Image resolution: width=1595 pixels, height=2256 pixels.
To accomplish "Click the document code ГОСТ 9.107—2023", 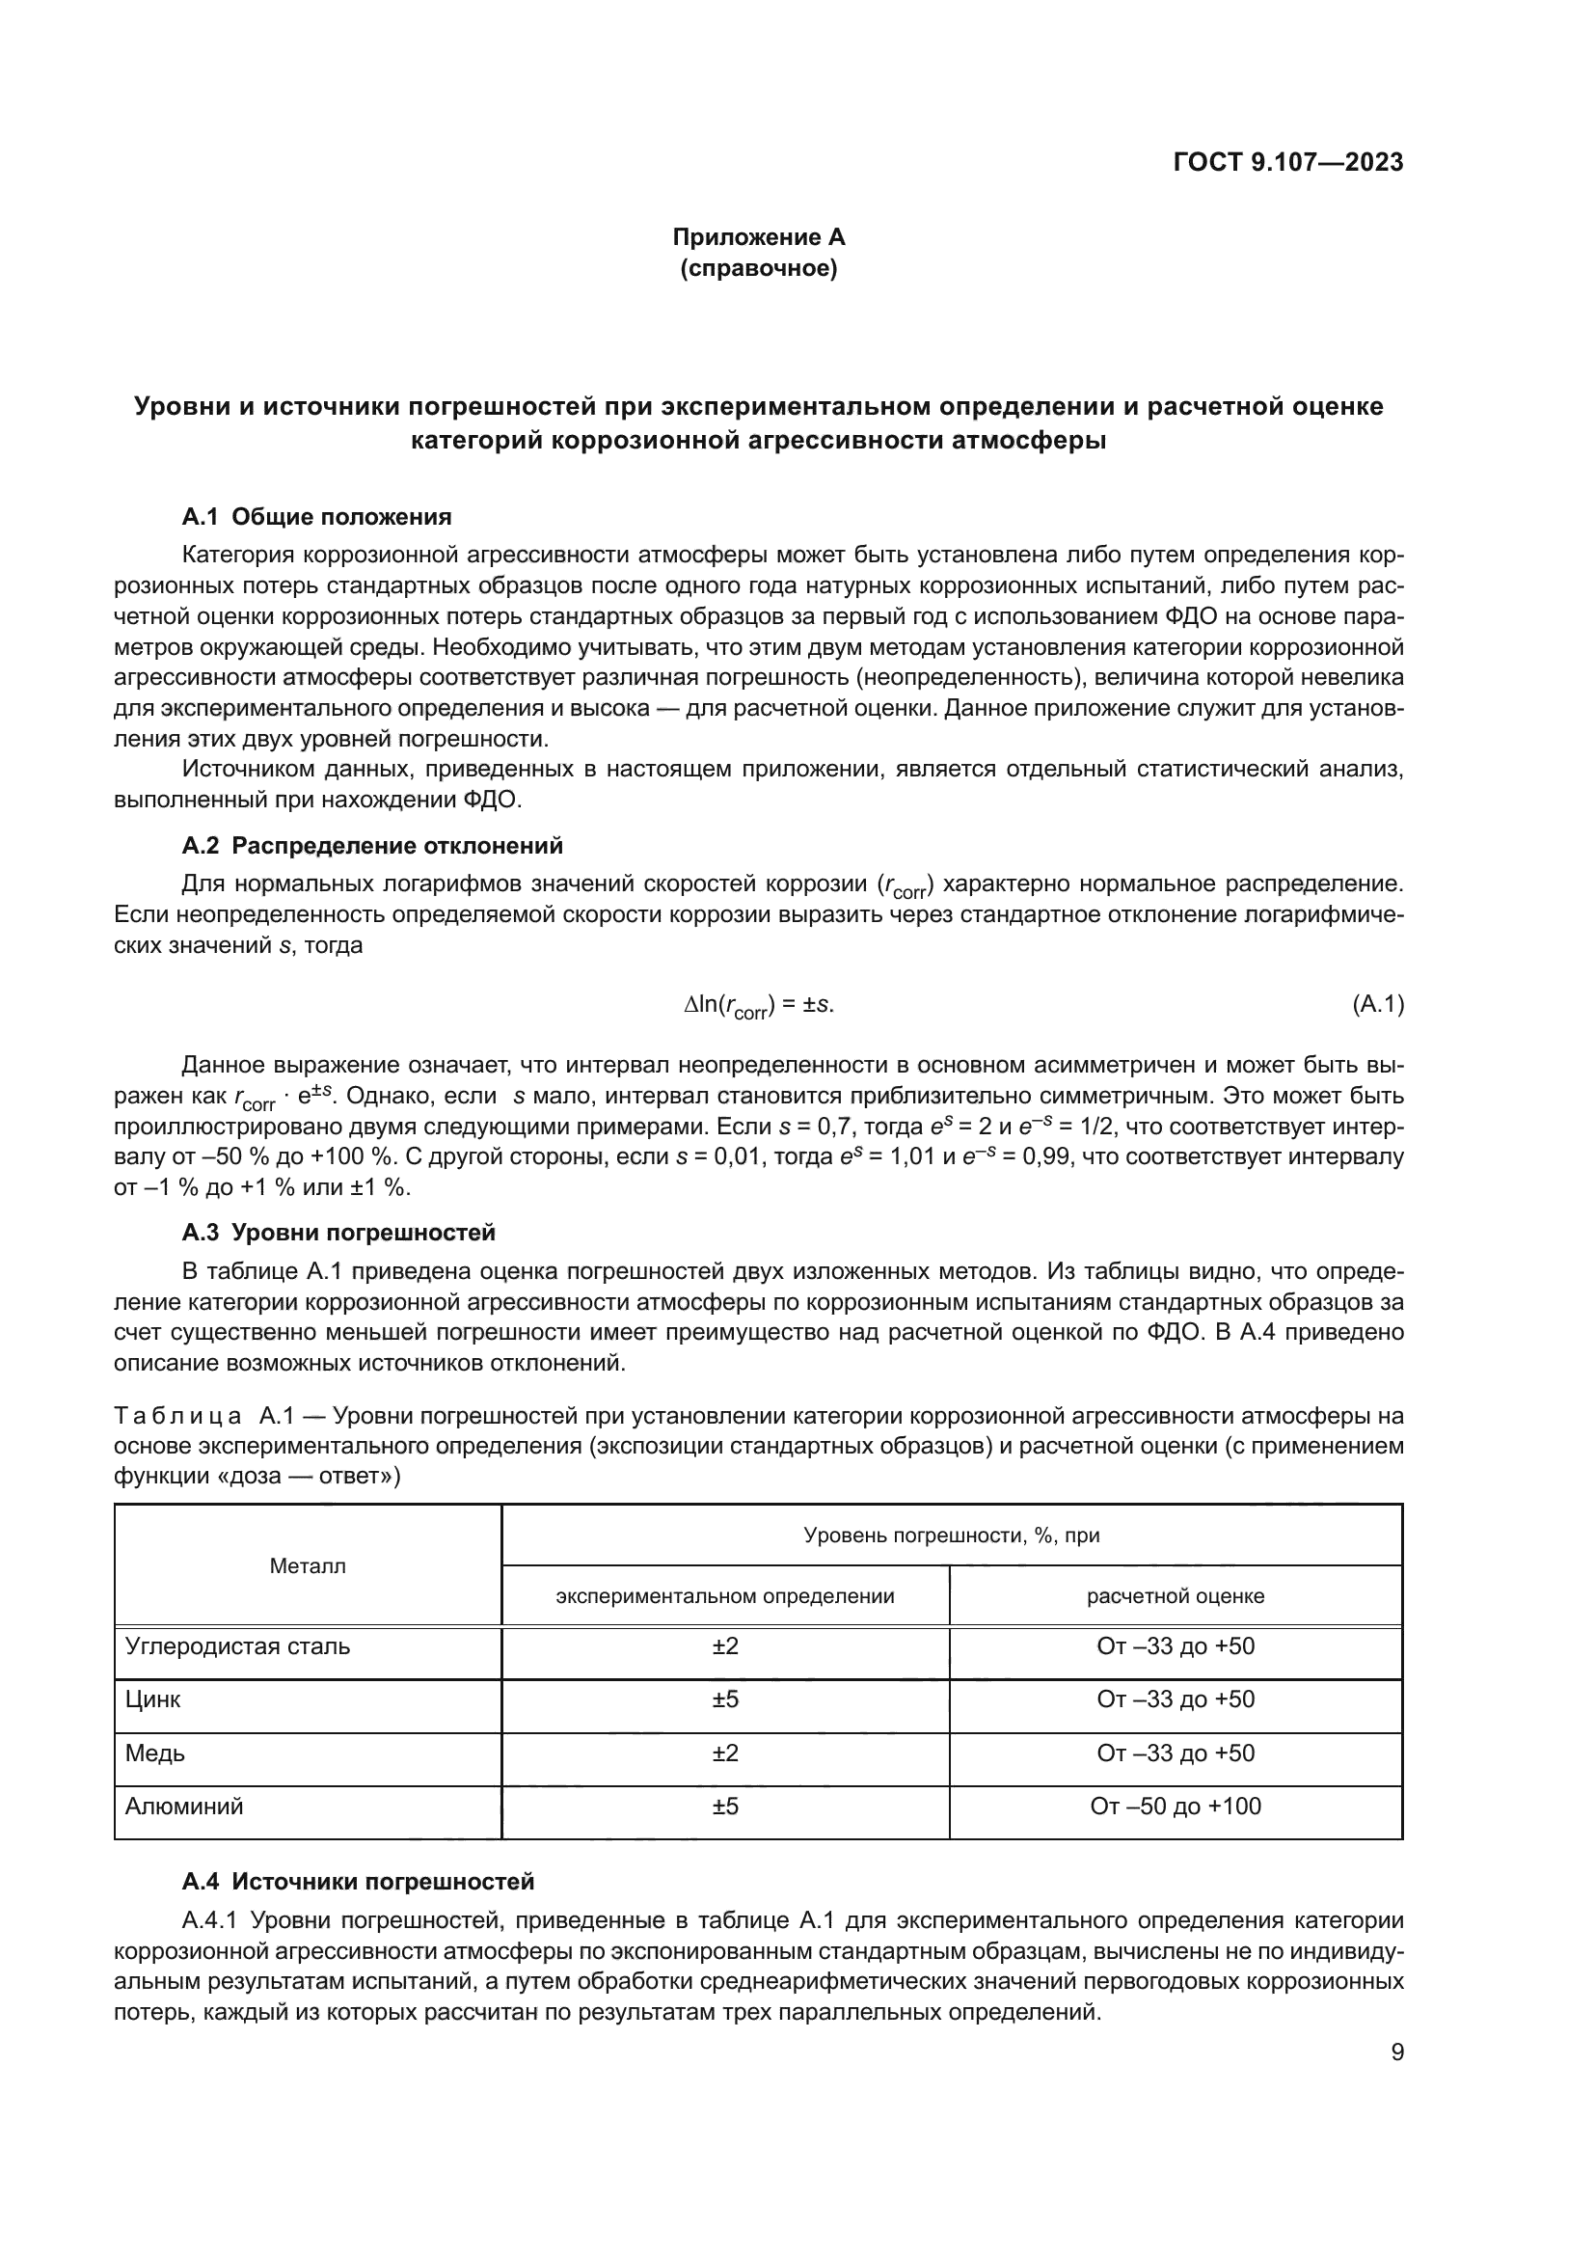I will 1287,163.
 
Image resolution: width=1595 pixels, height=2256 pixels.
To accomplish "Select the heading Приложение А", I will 758,237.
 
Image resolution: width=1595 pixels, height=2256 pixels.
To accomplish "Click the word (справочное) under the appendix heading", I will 758,269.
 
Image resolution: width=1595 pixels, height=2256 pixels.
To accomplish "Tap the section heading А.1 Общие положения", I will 316,517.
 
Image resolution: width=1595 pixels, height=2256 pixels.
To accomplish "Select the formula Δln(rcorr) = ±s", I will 758,1005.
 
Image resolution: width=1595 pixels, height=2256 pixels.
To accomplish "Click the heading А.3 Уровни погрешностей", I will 338,1232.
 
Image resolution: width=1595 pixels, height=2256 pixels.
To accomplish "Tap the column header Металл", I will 308,1566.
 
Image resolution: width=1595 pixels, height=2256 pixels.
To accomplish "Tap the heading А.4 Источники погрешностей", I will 358,1882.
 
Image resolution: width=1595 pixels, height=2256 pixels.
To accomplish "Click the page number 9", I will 1396,2052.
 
